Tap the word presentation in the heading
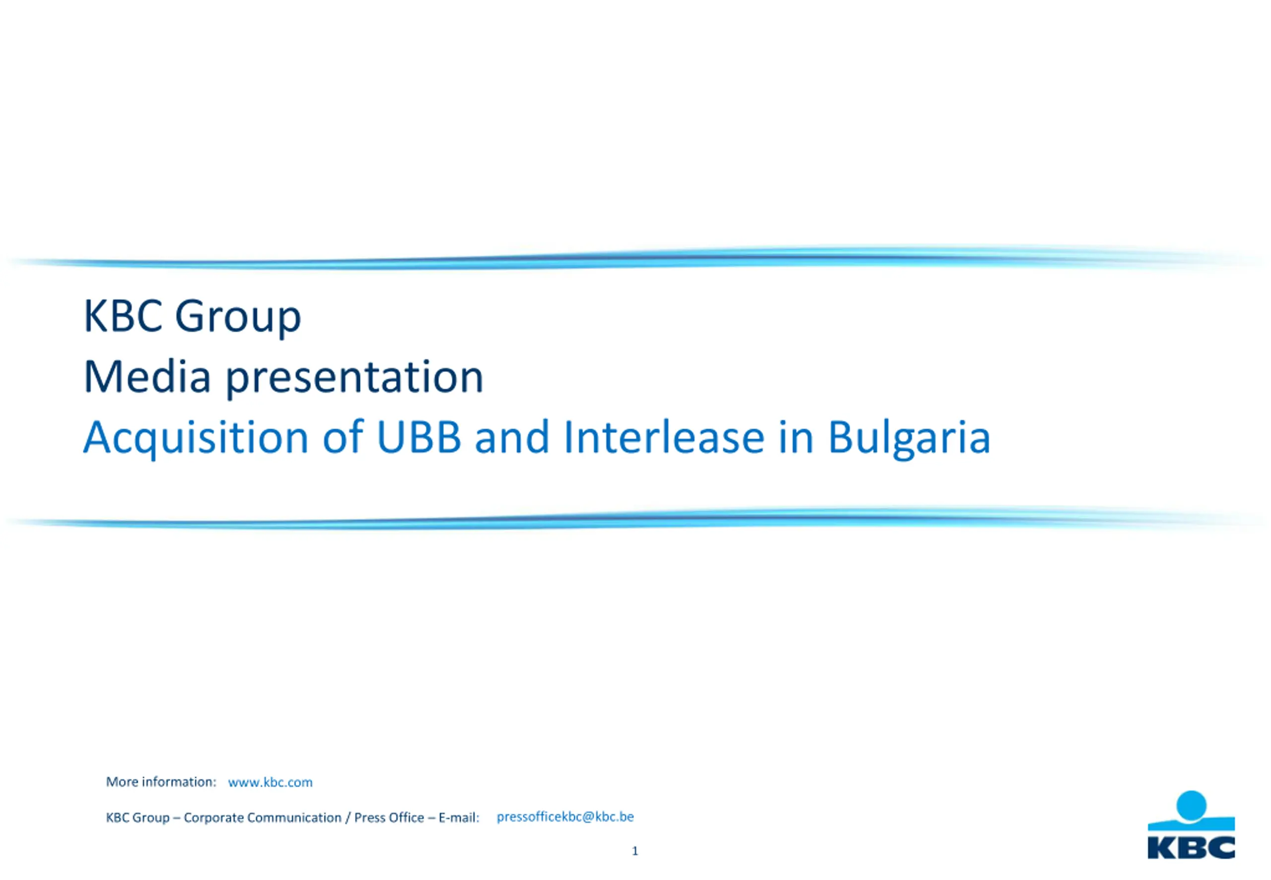pyautogui.click(x=354, y=379)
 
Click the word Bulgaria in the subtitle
pyautogui.click(x=909, y=439)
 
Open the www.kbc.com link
pyautogui.click(x=270, y=782)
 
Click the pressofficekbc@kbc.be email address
pyautogui.click(x=565, y=817)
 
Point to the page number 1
pyautogui.click(x=635, y=851)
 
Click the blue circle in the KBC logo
pyautogui.click(x=1192, y=807)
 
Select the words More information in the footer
pyautogui.click(x=160, y=782)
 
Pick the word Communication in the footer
pyautogui.click(x=294, y=818)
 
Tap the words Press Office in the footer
pyautogui.click(x=389, y=818)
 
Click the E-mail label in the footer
pyautogui.click(x=459, y=818)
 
